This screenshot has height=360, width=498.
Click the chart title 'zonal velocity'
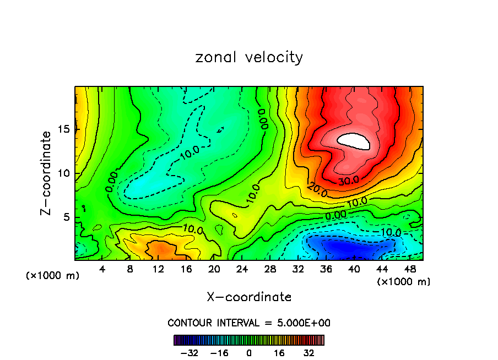click(x=249, y=57)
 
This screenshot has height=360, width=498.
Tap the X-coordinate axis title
click(x=249, y=297)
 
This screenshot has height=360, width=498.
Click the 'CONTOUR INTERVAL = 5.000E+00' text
click(x=249, y=323)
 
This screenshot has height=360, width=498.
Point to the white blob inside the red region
click(x=354, y=141)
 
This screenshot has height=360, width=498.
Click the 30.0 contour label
click(x=348, y=179)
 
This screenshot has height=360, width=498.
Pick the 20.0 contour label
click(x=318, y=190)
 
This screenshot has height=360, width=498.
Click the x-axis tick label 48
click(x=410, y=269)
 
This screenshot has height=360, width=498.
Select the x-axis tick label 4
click(x=102, y=269)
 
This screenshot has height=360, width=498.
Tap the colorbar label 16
click(x=279, y=353)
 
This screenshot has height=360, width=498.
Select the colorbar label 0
click(x=249, y=353)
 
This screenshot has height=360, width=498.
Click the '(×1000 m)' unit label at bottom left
click(x=52, y=276)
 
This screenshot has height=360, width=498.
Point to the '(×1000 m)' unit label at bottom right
click(x=403, y=282)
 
